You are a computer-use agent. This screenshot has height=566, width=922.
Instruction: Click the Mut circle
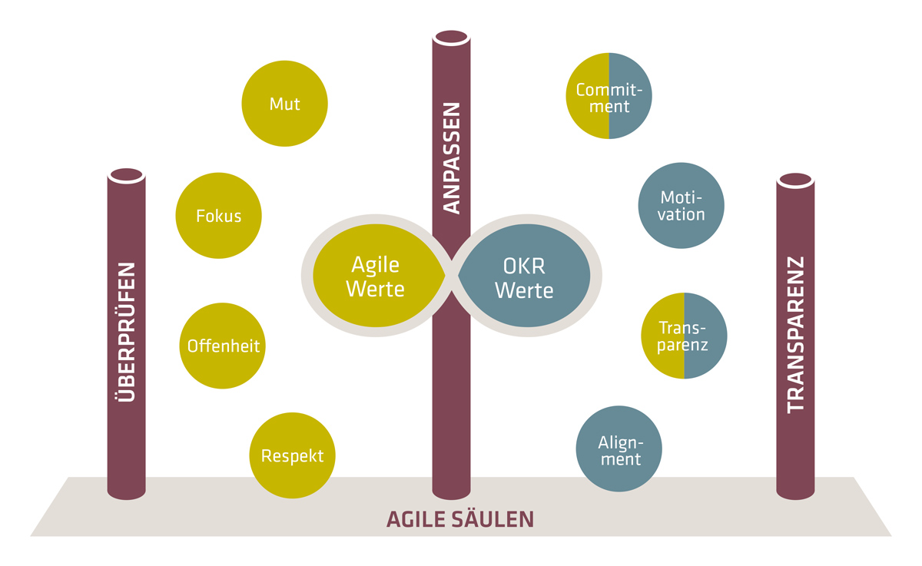[284, 104]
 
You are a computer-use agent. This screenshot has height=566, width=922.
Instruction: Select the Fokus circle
[219, 216]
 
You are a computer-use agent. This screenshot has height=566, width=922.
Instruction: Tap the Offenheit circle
[224, 346]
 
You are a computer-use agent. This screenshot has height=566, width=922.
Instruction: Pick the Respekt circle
[293, 456]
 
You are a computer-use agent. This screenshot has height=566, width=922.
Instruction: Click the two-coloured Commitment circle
[609, 97]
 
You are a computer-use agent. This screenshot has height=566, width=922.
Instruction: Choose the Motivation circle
[682, 206]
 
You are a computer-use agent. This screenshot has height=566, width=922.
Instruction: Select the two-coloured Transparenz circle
[684, 336]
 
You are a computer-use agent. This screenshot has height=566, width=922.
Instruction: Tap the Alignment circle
[619, 449]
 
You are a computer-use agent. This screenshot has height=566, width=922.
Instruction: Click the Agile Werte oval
[376, 277]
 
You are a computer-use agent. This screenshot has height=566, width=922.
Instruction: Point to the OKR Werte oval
[524, 277]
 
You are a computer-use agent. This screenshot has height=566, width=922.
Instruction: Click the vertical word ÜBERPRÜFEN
[128, 332]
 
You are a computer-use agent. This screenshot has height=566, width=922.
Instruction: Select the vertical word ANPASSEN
[452, 157]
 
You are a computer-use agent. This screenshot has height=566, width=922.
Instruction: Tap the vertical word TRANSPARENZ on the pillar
[796, 334]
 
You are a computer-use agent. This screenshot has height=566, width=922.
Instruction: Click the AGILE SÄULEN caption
[459, 519]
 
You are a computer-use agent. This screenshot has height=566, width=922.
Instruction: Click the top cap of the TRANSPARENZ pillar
[796, 180]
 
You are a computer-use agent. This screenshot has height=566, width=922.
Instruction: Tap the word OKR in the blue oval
[524, 265]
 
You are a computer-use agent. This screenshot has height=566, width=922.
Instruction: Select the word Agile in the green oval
[376, 265]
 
